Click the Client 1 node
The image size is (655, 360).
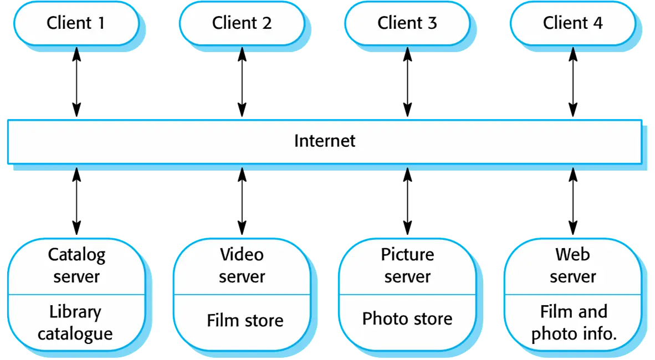click(x=76, y=23)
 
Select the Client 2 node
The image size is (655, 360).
click(x=242, y=23)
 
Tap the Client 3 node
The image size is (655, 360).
click(x=407, y=23)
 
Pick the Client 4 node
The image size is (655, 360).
click(x=572, y=23)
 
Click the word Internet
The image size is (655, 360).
click(x=325, y=141)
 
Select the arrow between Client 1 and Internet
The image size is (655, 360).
click(x=76, y=82)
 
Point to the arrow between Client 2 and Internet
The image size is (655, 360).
click(x=242, y=82)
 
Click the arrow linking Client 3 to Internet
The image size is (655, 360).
click(x=407, y=82)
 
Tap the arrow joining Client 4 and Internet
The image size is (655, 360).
click(x=572, y=82)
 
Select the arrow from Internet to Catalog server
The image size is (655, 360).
click(x=76, y=201)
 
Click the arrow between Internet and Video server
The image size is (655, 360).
click(x=242, y=201)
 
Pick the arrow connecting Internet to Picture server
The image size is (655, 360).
click(x=407, y=201)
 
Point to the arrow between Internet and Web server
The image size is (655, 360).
click(x=572, y=201)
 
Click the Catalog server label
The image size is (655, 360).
click(x=76, y=266)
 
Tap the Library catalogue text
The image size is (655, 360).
click(x=75, y=323)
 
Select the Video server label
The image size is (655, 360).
click(x=242, y=266)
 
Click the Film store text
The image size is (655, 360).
click(x=245, y=320)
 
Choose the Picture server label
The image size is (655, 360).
click(x=407, y=266)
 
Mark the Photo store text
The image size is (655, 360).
click(x=407, y=318)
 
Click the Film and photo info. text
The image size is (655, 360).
click(x=574, y=323)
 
